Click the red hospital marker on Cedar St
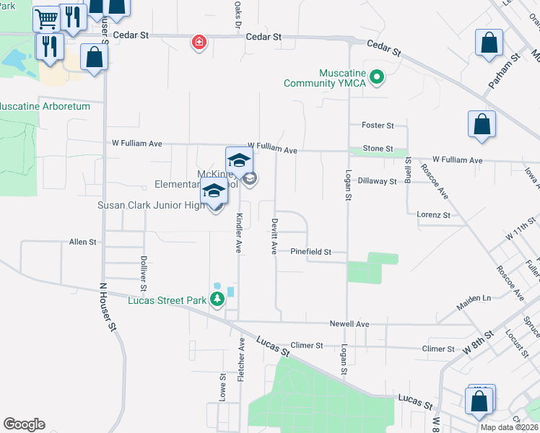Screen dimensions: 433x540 click(x=197, y=43)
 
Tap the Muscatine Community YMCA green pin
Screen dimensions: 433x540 click(x=376, y=76)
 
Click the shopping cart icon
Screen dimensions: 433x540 click(x=47, y=18)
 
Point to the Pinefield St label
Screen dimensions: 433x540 click(x=310, y=252)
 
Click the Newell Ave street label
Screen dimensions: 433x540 click(x=349, y=324)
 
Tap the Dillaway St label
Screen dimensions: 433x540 click(x=378, y=181)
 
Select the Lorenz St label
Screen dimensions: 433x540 click(x=433, y=214)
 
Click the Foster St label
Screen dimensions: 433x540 click(x=378, y=125)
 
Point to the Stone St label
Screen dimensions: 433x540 click(x=378, y=149)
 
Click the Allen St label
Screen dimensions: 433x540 click(x=83, y=242)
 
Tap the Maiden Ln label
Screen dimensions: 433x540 click(x=473, y=298)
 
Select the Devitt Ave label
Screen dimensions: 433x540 click(x=274, y=237)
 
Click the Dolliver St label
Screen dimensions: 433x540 click(x=144, y=268)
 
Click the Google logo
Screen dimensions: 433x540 click(x=24, y=424)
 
